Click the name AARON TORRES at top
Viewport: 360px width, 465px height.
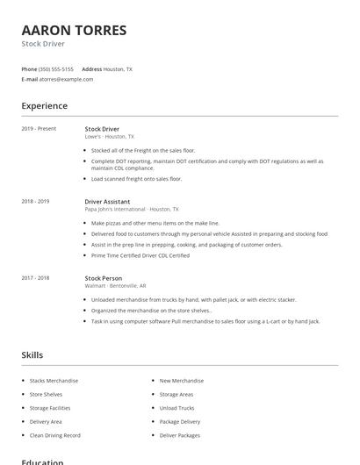click(74, 30)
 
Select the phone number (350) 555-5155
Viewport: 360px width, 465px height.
click(56, 68)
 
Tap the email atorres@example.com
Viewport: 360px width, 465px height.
click(66, 79)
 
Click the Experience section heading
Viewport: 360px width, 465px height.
click(44, 106)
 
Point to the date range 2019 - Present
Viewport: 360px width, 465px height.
click(39, 129)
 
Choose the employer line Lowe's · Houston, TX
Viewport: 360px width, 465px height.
click(110, 137)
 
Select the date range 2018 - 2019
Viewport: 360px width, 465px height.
click(35, 202)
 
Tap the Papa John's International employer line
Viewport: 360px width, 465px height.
click(131, 210)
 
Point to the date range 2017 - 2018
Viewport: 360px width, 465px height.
click(35, 278)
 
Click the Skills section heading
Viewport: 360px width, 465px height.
click(32, 355)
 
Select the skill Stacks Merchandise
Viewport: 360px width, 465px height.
click(54, 381)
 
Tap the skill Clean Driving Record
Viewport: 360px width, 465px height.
click(54, 436)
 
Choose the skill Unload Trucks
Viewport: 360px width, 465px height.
click(176, 408)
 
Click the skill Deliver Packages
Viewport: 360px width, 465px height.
click(179, 436)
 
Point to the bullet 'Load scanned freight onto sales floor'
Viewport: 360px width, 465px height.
click(136, 179)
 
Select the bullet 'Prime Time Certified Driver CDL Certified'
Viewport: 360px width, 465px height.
click(140, 255)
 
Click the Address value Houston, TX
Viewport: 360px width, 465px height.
click(118, 68)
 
